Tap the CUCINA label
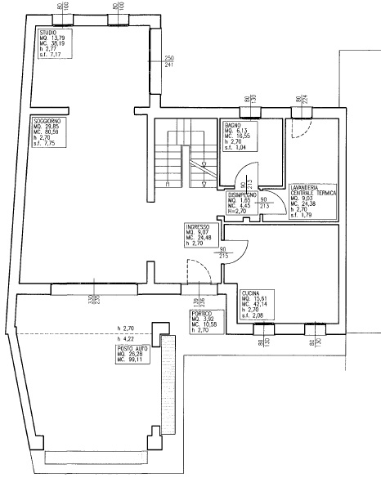pos(251,293)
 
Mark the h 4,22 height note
pos(126,337)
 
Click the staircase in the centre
pos(176,159)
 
